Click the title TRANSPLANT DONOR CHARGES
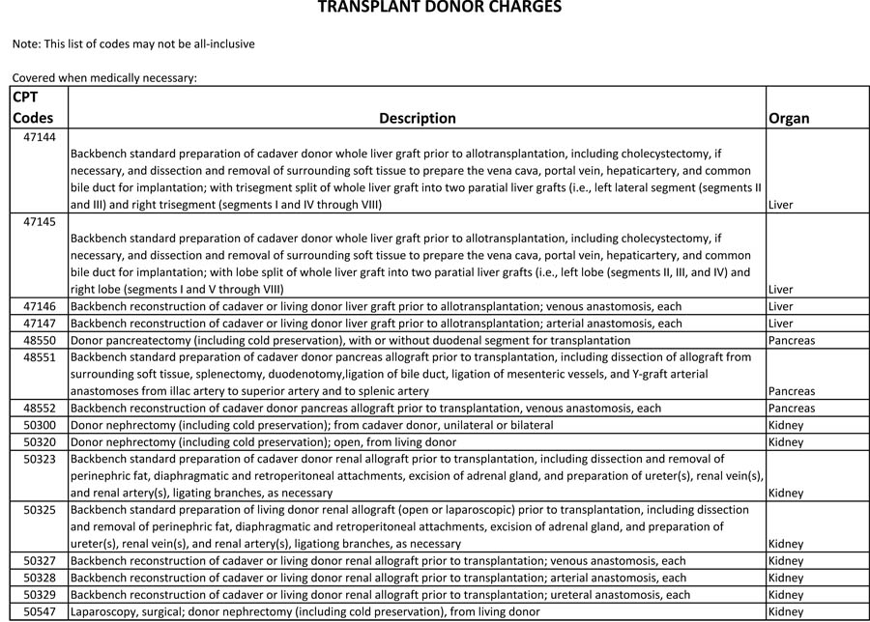tap(439, 8)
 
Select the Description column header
tap(417, 118)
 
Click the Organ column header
tap(789, 118)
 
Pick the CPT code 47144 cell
tap(40, 137)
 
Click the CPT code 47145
tap(40, 221)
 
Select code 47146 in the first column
tap(40, 306)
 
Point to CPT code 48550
tap(40, 340)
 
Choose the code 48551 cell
tap(40, 357)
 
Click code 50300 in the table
tap(40, 425)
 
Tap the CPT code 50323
tap(40, 459)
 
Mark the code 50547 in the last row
tap(40, 611)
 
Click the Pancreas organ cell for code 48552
tap(792, 408)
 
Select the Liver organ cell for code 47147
tap(780, 324)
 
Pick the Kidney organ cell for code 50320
tap(785, 442)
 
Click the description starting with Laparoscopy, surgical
tap(304, 611)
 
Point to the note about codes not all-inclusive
tap(133, 43)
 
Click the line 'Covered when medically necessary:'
tap(104, 77)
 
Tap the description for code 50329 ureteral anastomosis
tap(380, 595)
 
